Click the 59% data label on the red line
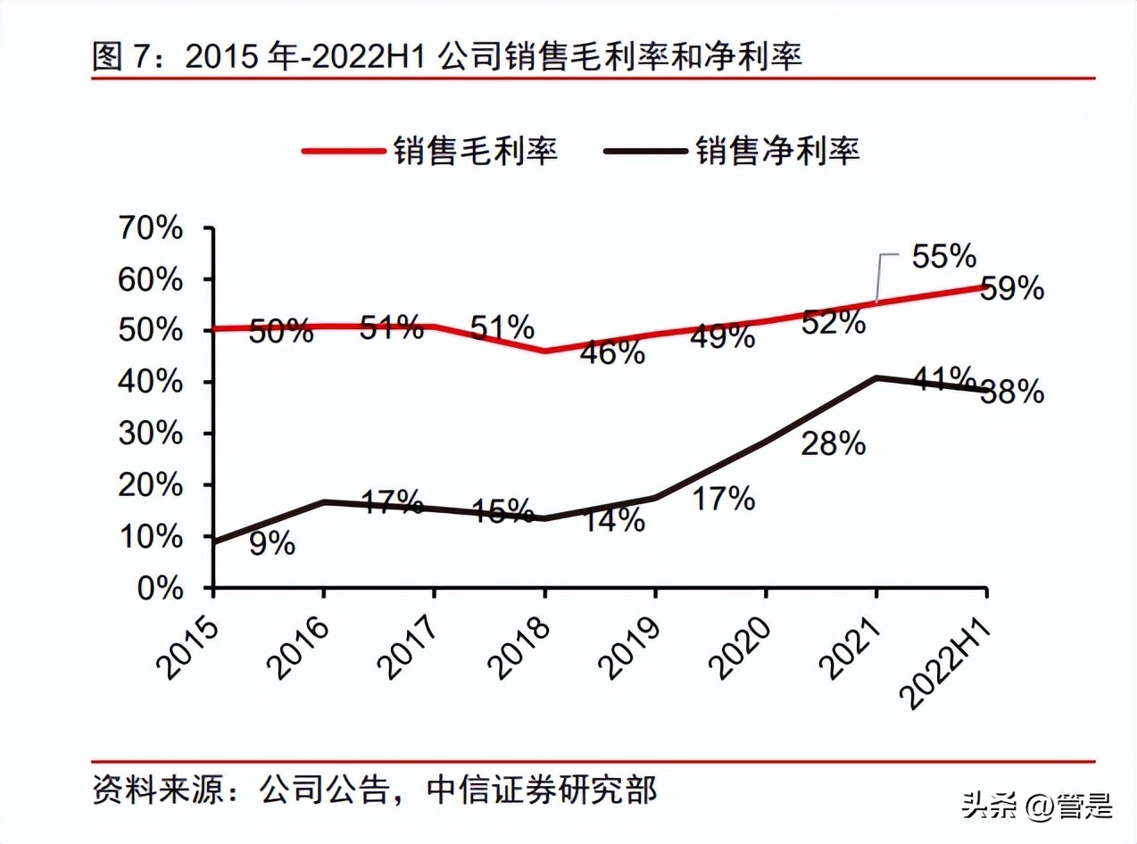(1012, 289)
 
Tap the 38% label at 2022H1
(1012, 392)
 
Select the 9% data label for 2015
(271, 543)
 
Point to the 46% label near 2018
(612, 352)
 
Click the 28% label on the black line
(833, 443)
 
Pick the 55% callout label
(943, 257)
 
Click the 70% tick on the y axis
(150, 228)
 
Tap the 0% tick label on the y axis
(161, 588)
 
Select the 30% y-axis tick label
(150, 434)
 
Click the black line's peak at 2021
(877, 377)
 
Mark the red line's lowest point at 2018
(544, 351)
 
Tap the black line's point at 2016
(323, 502)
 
